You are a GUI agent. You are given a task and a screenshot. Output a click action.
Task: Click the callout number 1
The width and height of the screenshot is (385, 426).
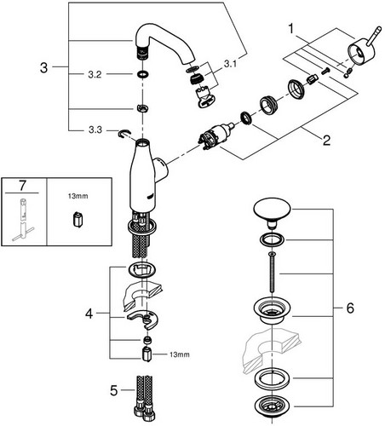click(x=290, y=29)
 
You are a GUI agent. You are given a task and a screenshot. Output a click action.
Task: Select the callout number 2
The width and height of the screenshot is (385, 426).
click(x=326, y=141)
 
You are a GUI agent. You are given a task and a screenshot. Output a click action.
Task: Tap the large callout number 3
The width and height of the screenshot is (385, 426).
click(x=43, y=68)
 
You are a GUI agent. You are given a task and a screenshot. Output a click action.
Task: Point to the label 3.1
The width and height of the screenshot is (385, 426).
click(x=230, y=64)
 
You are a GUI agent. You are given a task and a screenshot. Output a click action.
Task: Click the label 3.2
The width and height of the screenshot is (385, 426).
click(x=95, y=75)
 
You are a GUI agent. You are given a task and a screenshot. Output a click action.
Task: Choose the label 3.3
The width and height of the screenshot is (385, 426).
click(x=95, y=130)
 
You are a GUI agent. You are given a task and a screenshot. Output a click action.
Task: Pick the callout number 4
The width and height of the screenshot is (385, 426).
click(x=89, y=314)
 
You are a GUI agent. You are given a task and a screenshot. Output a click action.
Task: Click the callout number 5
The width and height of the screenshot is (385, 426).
click(x=113, y=390)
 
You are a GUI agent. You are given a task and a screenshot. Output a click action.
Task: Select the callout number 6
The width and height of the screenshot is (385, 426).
click(x=350, y=308)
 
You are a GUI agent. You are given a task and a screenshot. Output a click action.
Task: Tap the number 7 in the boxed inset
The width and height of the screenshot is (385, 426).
click(x=22, y=186)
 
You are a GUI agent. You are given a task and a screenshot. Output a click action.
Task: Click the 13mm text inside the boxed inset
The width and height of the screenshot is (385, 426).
click(x=78, y=196)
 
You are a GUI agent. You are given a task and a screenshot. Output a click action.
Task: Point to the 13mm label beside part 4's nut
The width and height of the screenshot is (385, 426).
click(x=180, y=354)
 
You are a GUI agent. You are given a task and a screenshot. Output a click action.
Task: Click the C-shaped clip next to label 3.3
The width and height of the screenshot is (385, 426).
click(x=124, y=134)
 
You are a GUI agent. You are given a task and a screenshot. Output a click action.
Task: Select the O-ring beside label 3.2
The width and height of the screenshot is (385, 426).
click(x=142, y=74)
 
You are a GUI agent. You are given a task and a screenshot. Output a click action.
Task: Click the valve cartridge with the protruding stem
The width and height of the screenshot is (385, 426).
click(x=216, y=136)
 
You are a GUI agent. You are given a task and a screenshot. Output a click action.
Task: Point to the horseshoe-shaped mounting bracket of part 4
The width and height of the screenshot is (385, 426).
click(x=142, y=319)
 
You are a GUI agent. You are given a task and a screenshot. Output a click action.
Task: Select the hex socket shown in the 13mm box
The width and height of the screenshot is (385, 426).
click(x=78, y=220)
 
